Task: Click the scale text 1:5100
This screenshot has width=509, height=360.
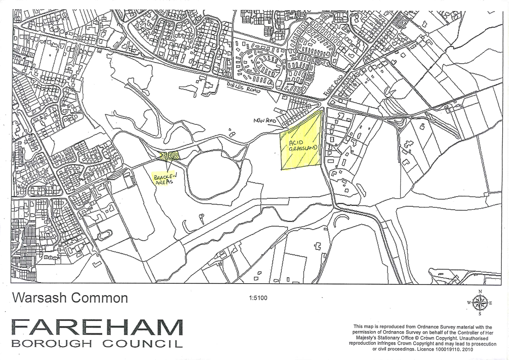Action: coord(258,298)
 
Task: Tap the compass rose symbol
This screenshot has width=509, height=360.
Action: coord(480,303)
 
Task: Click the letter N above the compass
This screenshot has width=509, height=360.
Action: coord(480,291)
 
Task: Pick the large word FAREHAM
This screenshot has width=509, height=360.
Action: coord(97,327)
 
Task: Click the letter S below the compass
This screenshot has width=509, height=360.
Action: coord(480,315)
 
